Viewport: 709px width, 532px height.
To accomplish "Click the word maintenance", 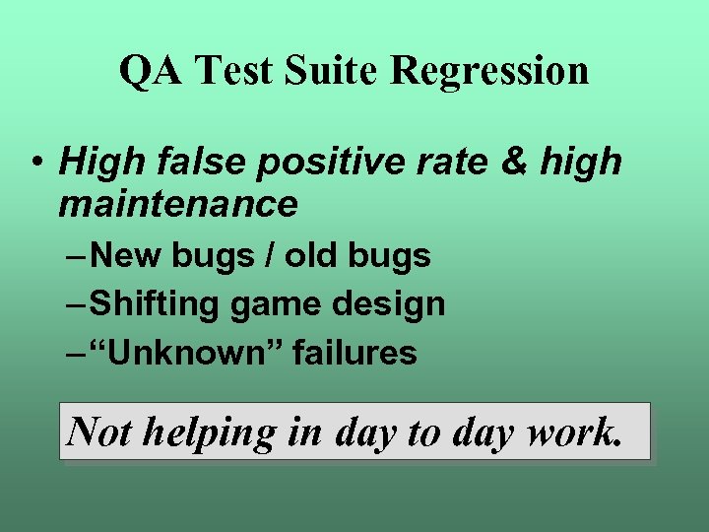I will [177, 203].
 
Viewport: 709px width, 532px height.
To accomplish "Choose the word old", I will [311, 256].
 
